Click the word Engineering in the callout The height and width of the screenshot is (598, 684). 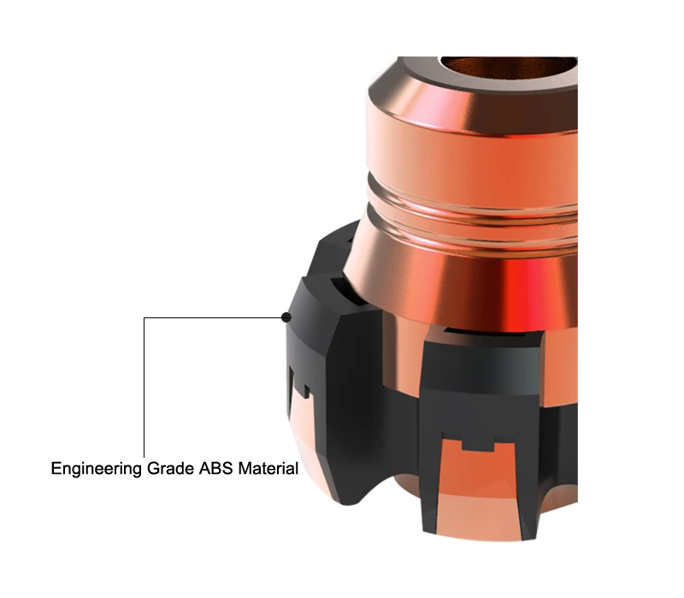coord(97,469)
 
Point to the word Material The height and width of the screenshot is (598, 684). coord(268,468)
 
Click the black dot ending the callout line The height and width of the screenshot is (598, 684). coord(286,317)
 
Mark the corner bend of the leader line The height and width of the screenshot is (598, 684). coord(144,317)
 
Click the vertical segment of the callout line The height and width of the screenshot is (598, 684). coord(144,388)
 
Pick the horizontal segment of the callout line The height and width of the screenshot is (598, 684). coord(213,317)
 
